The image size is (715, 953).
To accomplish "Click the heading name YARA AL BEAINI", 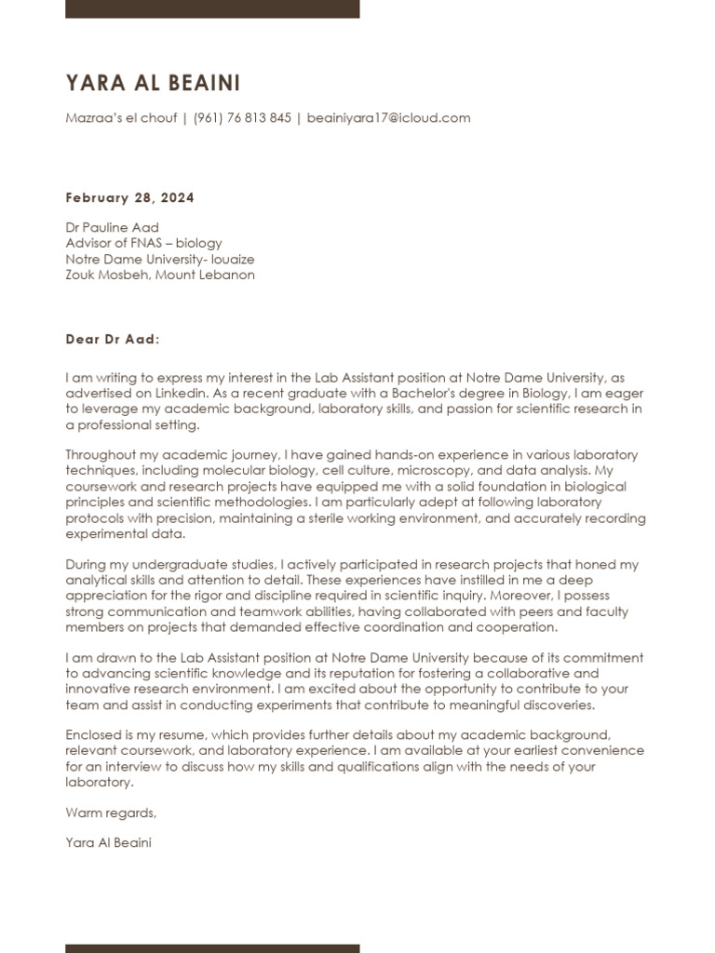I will [x=153, y=84].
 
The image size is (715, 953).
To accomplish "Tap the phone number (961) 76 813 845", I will [x=242, y=118].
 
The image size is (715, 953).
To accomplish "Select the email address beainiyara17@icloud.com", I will [x=388, y=118].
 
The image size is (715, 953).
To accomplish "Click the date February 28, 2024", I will [x=129, y=198].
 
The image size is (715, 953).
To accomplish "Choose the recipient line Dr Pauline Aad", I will [x=112, y=227].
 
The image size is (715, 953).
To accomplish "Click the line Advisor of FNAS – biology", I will [x=143, y=243].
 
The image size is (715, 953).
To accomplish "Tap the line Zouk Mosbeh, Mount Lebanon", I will [x=159, y=275].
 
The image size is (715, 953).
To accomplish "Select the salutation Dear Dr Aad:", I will [x=113, y=339].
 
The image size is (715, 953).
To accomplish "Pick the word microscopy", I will [x=436, y=471].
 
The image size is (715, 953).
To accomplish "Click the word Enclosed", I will [x=93, y=735].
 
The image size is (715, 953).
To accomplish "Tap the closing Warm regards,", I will [x=111, y=813].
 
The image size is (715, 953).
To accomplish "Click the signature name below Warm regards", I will [x=108, y=843].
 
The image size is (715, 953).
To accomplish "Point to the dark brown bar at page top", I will [x=212, y=8].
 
